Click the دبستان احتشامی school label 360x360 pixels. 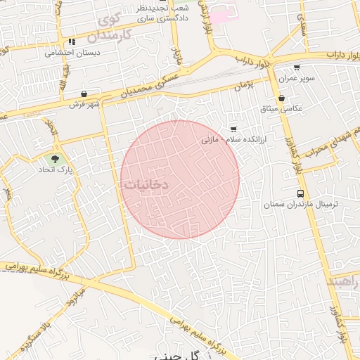72,53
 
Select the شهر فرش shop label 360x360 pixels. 84,104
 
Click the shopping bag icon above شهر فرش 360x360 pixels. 84,94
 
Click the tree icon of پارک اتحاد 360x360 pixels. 56,158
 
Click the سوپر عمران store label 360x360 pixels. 298,79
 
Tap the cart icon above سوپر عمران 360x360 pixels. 297,68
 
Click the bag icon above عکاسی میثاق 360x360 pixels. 281,98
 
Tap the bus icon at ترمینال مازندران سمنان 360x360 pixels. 301,193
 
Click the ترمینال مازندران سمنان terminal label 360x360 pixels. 301,204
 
